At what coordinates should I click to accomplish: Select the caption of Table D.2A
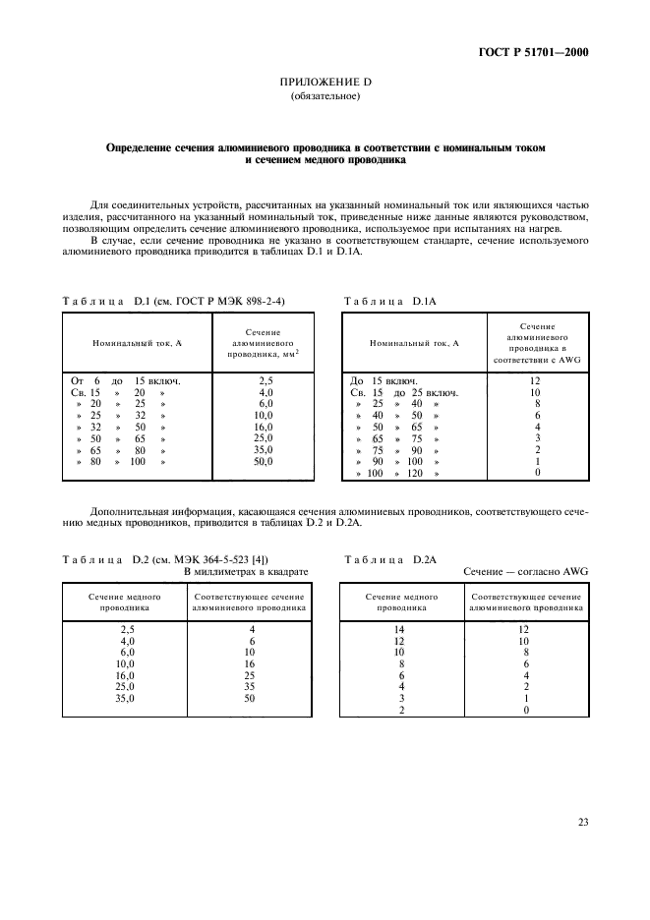pos(388,558)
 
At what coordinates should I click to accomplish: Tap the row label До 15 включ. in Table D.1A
pos(384,379)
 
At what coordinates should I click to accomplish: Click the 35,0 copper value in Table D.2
pos(125,699)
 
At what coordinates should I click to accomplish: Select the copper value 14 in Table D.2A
pos(398,628)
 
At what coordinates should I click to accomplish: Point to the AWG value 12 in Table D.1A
pos(537,379)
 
